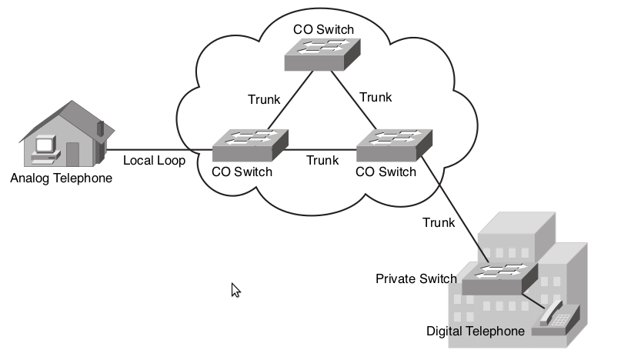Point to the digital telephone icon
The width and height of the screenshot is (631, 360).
point(556,316)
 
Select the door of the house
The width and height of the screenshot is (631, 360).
point(73,153)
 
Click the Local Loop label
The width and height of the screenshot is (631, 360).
point(154,161)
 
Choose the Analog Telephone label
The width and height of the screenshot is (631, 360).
point(62,178)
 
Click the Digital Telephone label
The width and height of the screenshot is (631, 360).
point(476,331)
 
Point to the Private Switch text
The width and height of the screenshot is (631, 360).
point(416,278)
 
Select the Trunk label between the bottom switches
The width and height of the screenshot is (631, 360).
point(322,160)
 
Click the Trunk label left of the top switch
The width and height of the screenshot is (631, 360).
point(264,99)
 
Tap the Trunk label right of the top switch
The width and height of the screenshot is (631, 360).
point(376,97)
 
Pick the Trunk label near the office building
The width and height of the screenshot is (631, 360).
point(439,223)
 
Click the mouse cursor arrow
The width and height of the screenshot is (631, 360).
point(235,289)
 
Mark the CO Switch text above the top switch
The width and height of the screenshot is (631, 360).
point(323,30)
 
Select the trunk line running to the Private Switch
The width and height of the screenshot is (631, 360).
point(454,208)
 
